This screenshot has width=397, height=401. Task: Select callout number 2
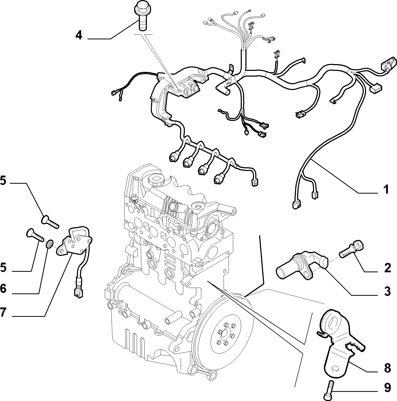click(x=387, y=268)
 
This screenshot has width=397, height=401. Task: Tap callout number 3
click(x=387, y=291)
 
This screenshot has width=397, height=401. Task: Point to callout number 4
click(x=79, y=35)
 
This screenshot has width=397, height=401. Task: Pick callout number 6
click(x=3, y=288)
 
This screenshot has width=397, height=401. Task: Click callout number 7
click(x=3, y=312)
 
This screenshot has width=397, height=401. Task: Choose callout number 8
click(x=387, y=368)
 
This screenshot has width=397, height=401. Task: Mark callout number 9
click(x=387, y=388)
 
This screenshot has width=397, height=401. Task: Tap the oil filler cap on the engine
click(x=156, y=179)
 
